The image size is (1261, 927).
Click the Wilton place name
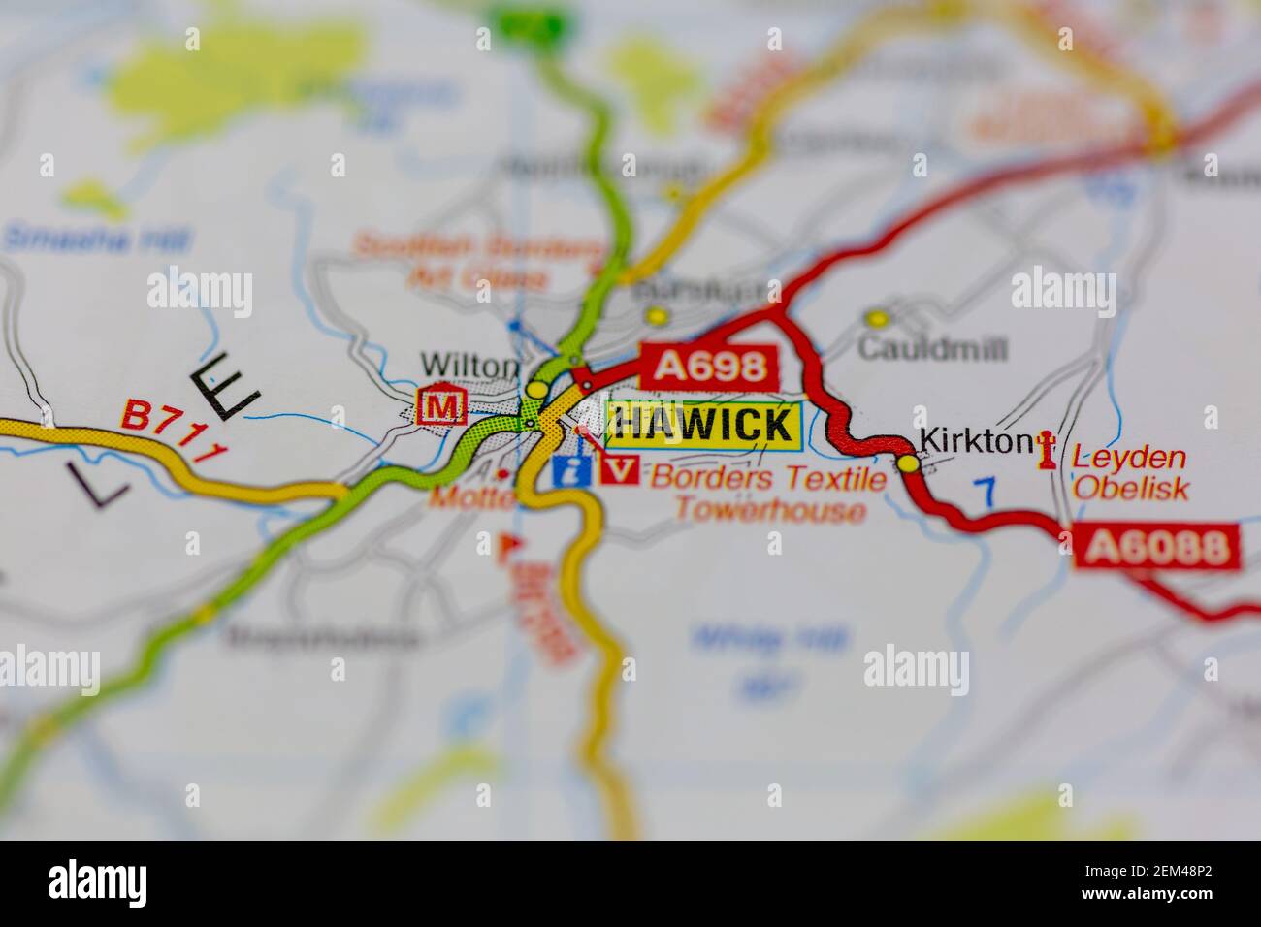pyautogui.click(x=469, y=366)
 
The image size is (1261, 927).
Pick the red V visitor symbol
pyautogui.click(x=619, y=470)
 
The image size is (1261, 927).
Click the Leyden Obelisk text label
pyautogui.click(x=1130, y=472)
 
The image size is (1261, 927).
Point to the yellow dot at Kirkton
pyautogui.click(x=908, y=463)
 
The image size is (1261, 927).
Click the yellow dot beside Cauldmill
pyautogui.click(x=877, y=318)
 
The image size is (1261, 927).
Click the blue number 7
pyautogui.click(x=986, y=493)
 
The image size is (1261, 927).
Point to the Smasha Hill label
pyautogui.click(x=97, y=238)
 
